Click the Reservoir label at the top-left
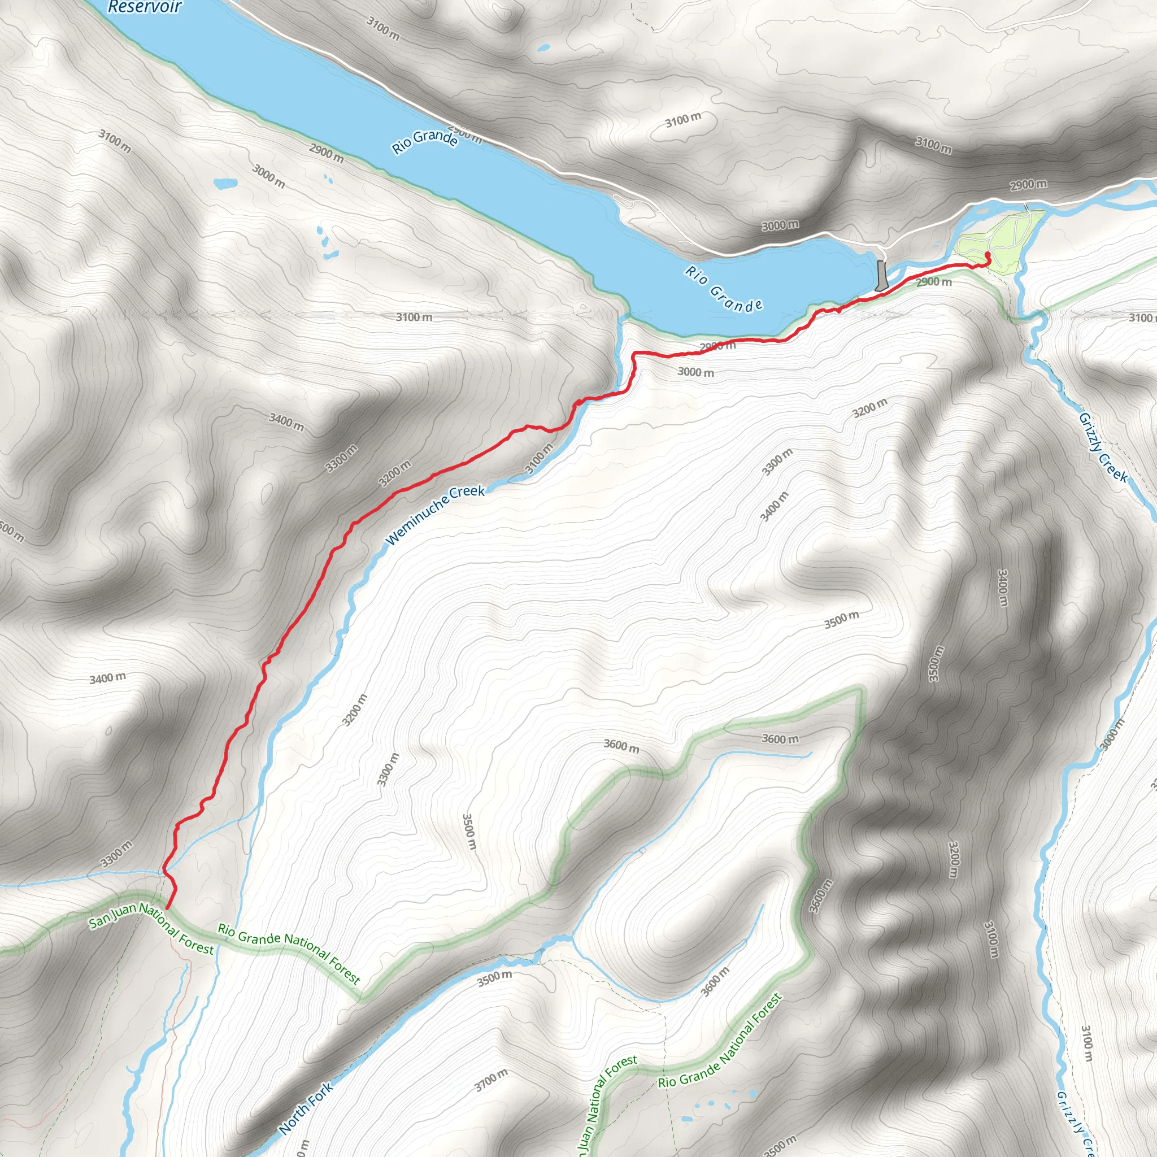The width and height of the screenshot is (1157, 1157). pyautogui.click(x=144, y=7)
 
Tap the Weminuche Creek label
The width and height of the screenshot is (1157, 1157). pyautogui.click(x=435, y=515)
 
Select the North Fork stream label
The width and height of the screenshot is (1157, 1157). pyautogui.click(x=305, y=1108)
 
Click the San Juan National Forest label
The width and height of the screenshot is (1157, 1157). pyautogui.click(x=151, y=928)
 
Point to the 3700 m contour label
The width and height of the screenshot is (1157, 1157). pyautogui.click(x=491, y=1080)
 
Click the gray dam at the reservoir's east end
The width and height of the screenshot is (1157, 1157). pyautogui.click(x=881, y=276)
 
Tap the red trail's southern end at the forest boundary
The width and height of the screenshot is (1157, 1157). pyautogui.click(x=168, y=908)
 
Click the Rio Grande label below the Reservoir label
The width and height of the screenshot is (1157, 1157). pyautogui.click(x=425, y=141)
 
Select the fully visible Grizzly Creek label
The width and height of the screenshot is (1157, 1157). pyautogui.click(x=1103, y=447)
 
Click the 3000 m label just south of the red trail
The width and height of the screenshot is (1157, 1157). pyautogui.click(x=695, y=372)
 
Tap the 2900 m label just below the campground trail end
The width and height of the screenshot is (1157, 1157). pyautogui.click(x=934, y=281)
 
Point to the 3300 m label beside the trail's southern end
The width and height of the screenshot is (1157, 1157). pyautogui.click(x=116, y=854)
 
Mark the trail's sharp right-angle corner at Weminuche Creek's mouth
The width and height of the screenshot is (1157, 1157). pyautogui.click(x=634, y=353)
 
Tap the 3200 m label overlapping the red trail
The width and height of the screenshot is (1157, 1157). pyautogui.click(x=395, y=473)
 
